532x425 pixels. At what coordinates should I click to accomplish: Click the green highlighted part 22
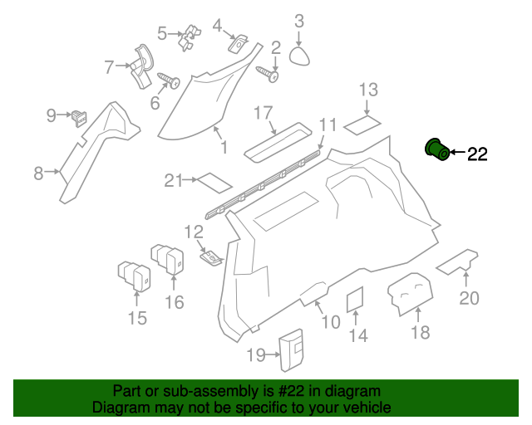[436, 149]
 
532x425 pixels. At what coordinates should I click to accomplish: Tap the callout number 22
[477, 153]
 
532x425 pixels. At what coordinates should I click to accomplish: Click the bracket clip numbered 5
[192, 38]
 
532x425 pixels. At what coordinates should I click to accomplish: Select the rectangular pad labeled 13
[362, 125]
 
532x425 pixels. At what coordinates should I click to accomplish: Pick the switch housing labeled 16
[170, 257]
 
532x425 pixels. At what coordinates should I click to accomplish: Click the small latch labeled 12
[212, 259]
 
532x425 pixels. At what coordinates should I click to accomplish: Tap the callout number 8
[38, 173]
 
